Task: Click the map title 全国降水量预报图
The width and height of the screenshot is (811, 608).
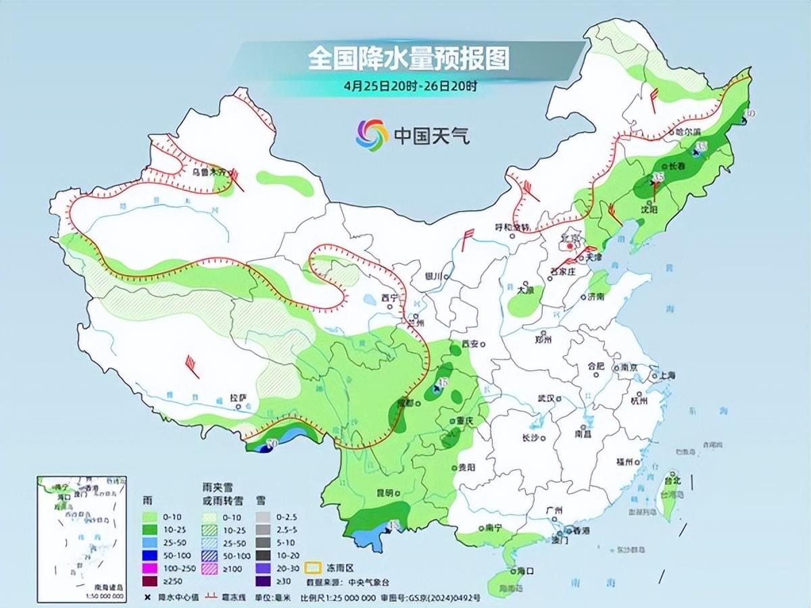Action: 408,59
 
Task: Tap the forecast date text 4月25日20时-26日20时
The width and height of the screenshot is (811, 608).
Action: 410,86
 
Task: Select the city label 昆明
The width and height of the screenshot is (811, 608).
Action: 385,492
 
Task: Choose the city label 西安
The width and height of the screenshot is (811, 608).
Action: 469,344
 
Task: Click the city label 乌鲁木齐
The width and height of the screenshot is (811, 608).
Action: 207,172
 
